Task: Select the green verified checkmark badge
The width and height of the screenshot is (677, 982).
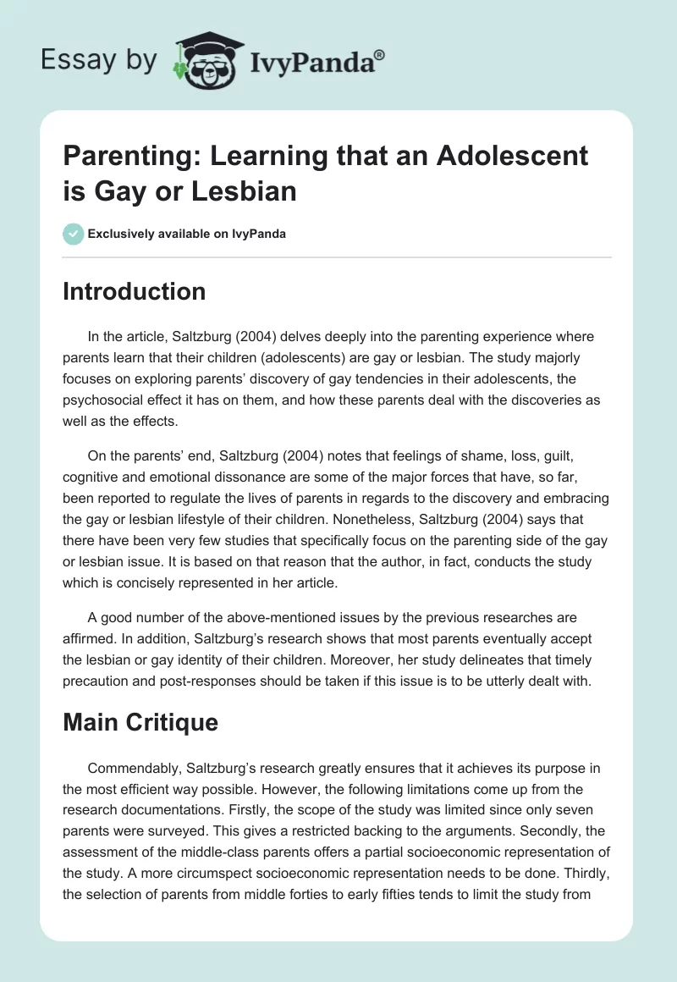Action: [x=73, y=234]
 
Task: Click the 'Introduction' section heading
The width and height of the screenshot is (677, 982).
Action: [x=135, y=291]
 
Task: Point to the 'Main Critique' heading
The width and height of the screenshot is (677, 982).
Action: [x=140, y=721]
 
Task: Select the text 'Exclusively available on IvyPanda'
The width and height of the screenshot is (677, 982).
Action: [x=186, y=234]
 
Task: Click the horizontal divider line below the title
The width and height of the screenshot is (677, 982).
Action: [x=338, y=257]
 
